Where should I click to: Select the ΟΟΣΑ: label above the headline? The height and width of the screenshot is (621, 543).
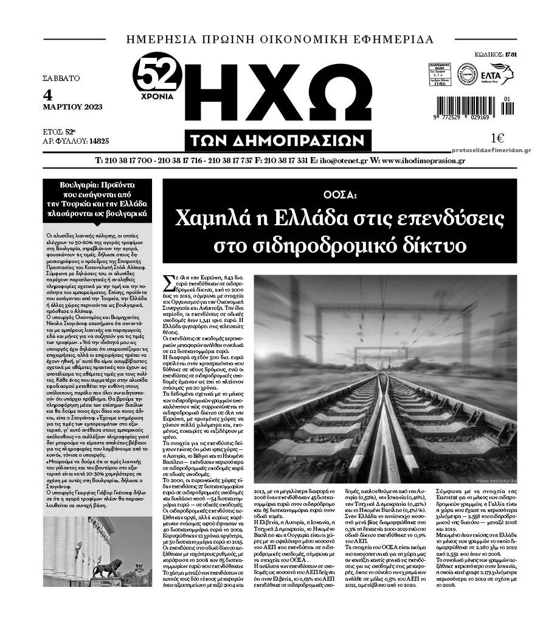[x=339, y=195]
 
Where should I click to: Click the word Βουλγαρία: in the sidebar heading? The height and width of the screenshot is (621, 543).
[x=79, y=184]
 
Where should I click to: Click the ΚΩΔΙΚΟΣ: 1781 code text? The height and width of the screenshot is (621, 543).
[x=497, y=54]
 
